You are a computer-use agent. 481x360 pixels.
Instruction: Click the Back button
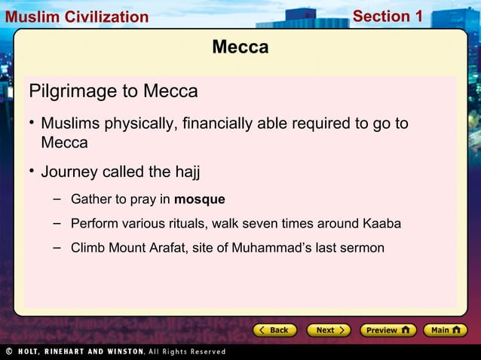(x=272, y=330)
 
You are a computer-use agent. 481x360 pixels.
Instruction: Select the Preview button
(x=388, y=330)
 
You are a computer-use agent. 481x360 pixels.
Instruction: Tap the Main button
(x=445, y=330)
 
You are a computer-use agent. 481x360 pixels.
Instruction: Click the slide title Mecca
(x=240, y=47)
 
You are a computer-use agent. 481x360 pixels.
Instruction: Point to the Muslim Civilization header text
(x=75, y=17)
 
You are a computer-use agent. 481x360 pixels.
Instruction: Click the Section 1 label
(x=388, y=16)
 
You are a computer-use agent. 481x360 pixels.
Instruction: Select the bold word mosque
(x=200, y=200)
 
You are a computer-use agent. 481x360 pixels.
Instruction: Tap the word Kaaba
(x=381, y=224)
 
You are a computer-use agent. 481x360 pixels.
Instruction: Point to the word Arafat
(x=161, y=248)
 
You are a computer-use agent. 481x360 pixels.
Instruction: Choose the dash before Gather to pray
(x=57, y=199)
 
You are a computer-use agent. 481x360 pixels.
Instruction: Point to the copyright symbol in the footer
(x=9, y=352)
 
